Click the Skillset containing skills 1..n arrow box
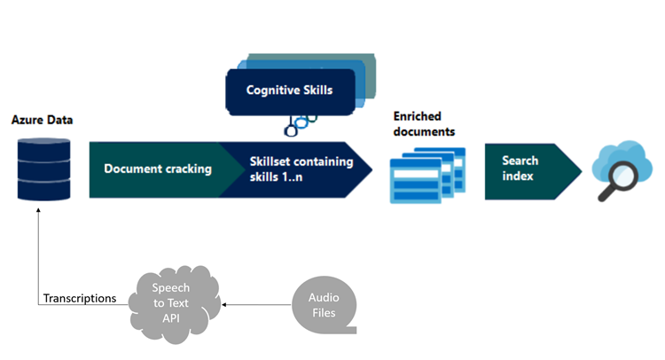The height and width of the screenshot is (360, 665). click(297, 168)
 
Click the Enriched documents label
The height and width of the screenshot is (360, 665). click(425, 124)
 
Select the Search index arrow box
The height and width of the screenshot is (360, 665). click(528, 168)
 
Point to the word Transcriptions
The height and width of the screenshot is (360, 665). click(80, 299)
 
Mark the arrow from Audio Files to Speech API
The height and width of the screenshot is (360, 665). click(257, 304)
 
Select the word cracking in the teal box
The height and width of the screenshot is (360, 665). click(187, 168)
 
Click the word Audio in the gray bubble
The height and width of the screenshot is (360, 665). click(323, 297)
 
